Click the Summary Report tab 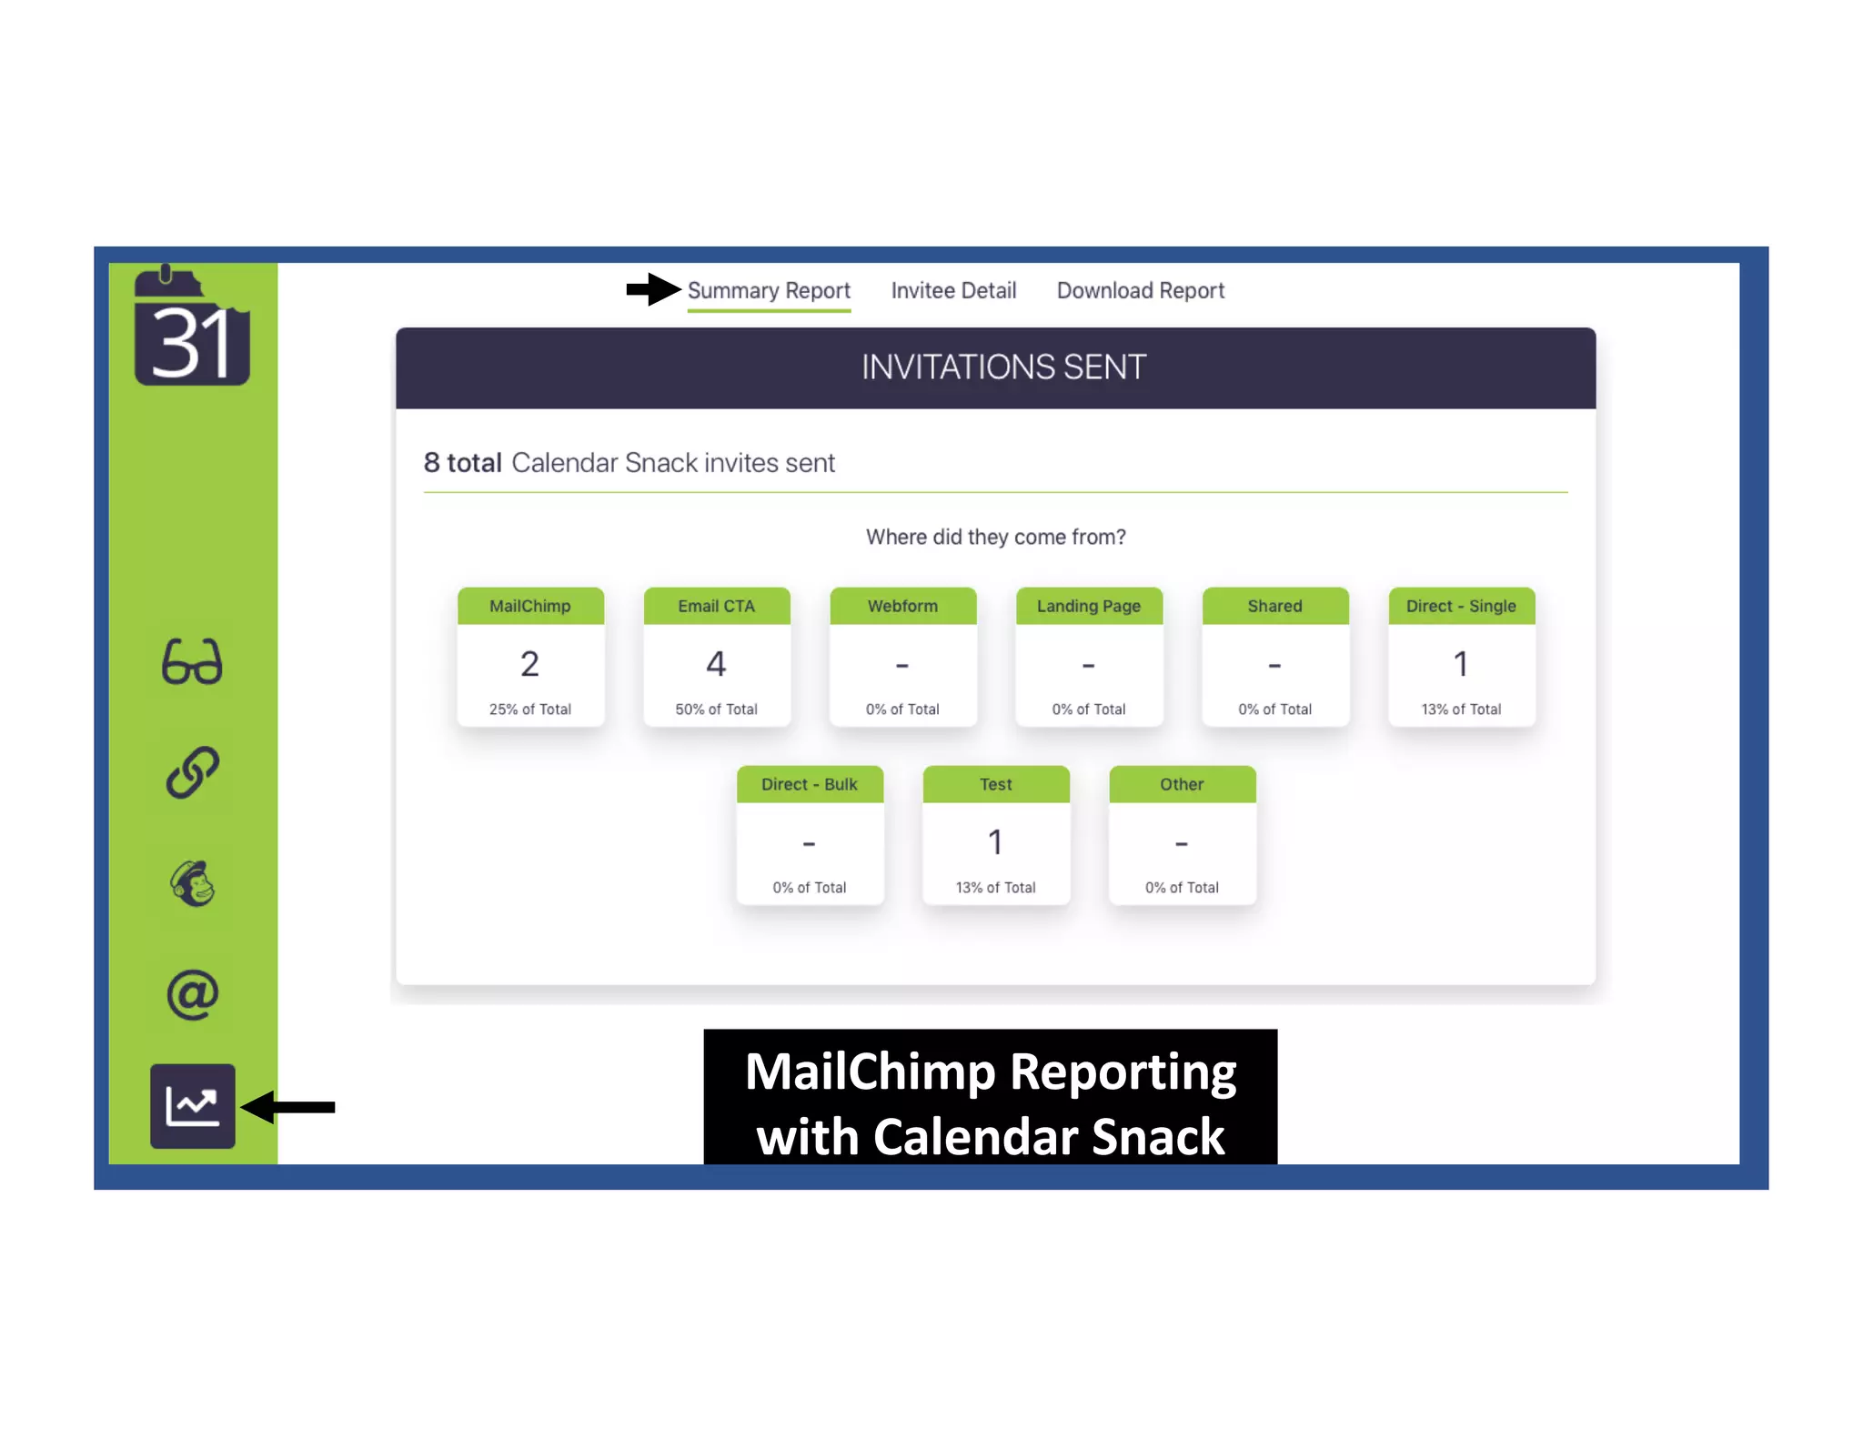coord(769,291)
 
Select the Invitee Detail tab coord(953,291)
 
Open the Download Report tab coord(1140,291)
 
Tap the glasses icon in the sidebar coord(192,661)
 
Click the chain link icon coord(192,772)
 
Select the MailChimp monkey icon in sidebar coord(192,883)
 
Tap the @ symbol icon coord(192,994)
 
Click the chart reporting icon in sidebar coord(192,1105)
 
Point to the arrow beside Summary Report coord(653,290)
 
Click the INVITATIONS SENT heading coord(1003,367)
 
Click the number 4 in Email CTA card coord(716,664)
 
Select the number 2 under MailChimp coord(529,664)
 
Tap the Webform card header coord(902,606)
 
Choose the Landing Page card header coord(1088,606)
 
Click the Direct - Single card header coord(1461,606)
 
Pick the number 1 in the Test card coord(995,842)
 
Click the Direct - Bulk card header coord(809,784)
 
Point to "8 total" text coord(463,463)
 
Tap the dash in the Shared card coord(1274,666)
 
